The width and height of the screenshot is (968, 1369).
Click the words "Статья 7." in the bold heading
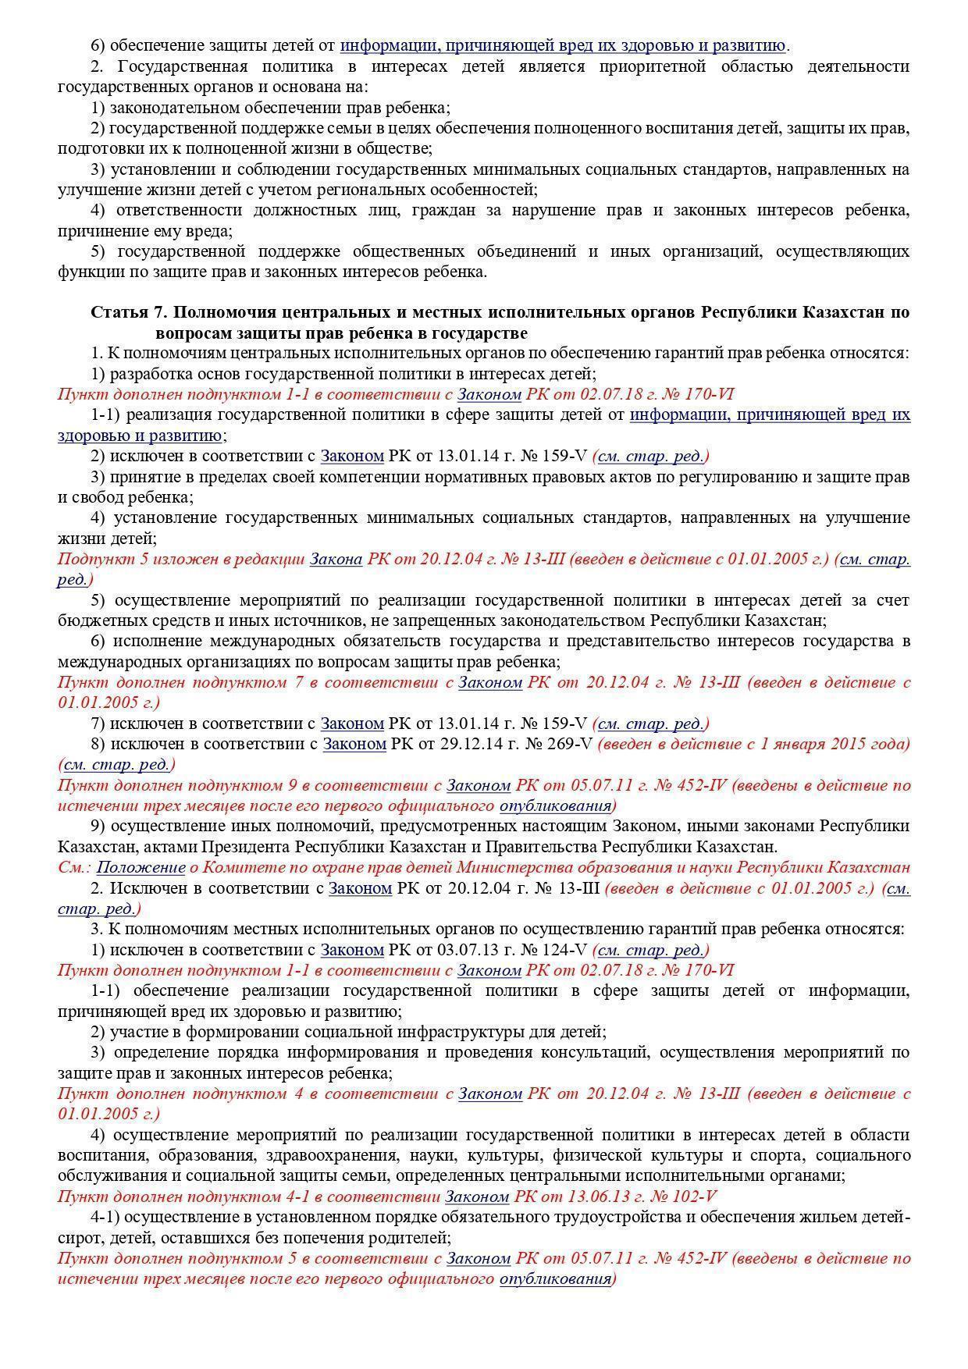(130, 313)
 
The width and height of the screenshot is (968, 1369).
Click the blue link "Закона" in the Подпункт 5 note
(336, 560)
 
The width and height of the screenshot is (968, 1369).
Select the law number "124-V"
(563, 951)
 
